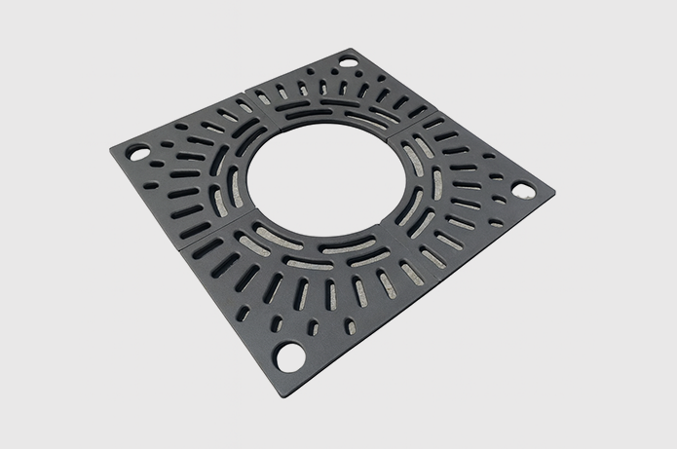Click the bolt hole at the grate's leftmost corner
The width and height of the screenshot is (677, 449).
(138, 153)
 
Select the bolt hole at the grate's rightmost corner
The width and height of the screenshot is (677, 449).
(523, 190)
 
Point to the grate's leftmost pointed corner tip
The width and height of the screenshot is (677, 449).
(110, 149)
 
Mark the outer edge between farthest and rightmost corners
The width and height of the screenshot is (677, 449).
(453, 119)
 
